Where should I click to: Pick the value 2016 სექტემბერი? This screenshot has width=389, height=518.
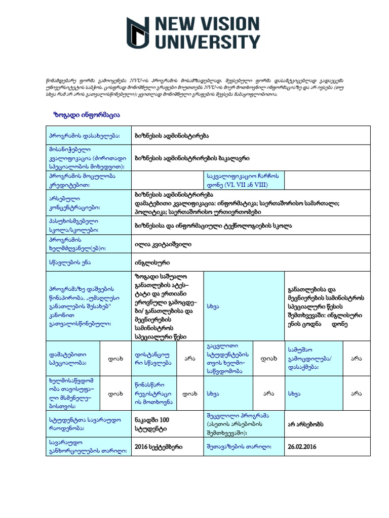(x=159, y=447)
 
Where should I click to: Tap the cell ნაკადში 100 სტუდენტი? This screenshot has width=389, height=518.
(x=152, y=424)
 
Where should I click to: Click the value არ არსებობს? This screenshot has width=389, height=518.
(x=306, y=424)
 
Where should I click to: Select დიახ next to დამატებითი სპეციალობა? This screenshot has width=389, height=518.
(x=113, y=359)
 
